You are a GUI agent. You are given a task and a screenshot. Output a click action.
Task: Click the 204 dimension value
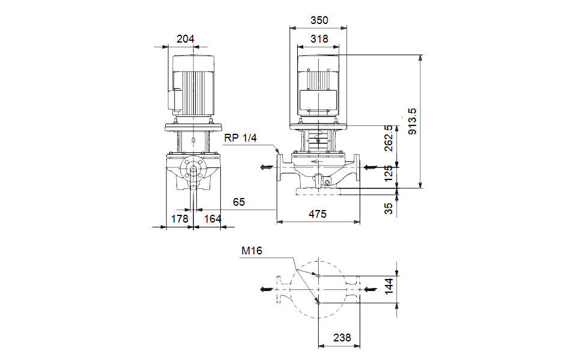[186, 39]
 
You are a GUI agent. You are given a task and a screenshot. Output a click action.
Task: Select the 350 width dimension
[319, 20]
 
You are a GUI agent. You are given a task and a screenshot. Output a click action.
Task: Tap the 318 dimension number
[319, 39]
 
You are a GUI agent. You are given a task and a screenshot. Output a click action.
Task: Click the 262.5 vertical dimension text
[388, 139]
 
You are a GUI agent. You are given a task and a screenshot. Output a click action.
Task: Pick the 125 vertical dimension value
[388, 173]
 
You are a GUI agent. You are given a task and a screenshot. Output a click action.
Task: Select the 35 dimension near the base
[388, 208]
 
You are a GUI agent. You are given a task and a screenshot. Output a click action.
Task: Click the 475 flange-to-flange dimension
[318, 214]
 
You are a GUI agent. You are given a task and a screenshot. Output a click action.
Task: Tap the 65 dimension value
[239, 202]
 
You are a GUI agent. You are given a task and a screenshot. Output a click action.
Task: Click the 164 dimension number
[213, 219]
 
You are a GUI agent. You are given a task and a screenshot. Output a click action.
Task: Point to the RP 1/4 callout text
[241, 138]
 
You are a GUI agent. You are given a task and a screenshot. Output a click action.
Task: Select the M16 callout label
[252, 251]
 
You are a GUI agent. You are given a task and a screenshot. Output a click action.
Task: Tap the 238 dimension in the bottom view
[341, 338]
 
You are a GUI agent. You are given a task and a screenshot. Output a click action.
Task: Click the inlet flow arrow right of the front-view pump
[372, 167]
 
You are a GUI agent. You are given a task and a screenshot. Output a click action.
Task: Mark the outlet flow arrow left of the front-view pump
[265, 167]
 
